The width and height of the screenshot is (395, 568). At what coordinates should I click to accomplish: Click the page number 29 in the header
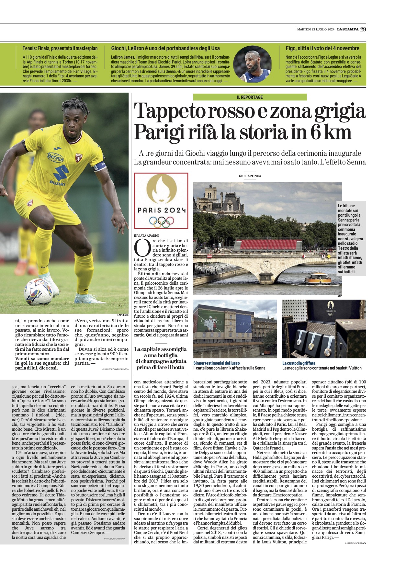pos(363,29)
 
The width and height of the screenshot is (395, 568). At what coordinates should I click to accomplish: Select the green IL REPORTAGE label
pos(250,97)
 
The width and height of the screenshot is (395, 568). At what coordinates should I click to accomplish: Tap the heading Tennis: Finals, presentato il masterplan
pos(60,48)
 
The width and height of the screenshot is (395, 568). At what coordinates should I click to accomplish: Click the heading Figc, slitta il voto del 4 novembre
pos(322,48)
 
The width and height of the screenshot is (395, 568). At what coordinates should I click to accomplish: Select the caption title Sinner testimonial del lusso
pos(217,363)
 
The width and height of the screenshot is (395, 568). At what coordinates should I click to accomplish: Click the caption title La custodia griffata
pos(299,363)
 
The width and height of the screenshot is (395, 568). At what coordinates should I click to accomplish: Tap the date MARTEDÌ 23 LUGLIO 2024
pos(316,29)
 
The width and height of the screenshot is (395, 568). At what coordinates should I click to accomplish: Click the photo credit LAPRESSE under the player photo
pos(123,315)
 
